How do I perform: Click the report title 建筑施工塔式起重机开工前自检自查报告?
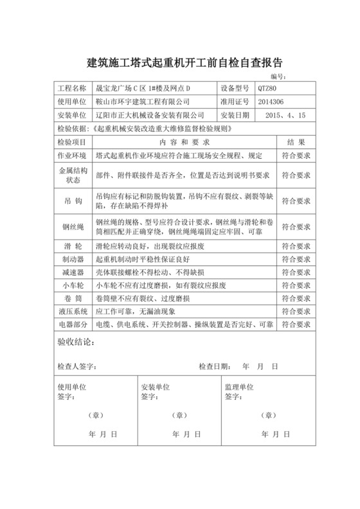[x=180, y=63]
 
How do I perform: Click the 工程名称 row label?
[x=71, y=89]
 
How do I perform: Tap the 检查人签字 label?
[x=76, y=366]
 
